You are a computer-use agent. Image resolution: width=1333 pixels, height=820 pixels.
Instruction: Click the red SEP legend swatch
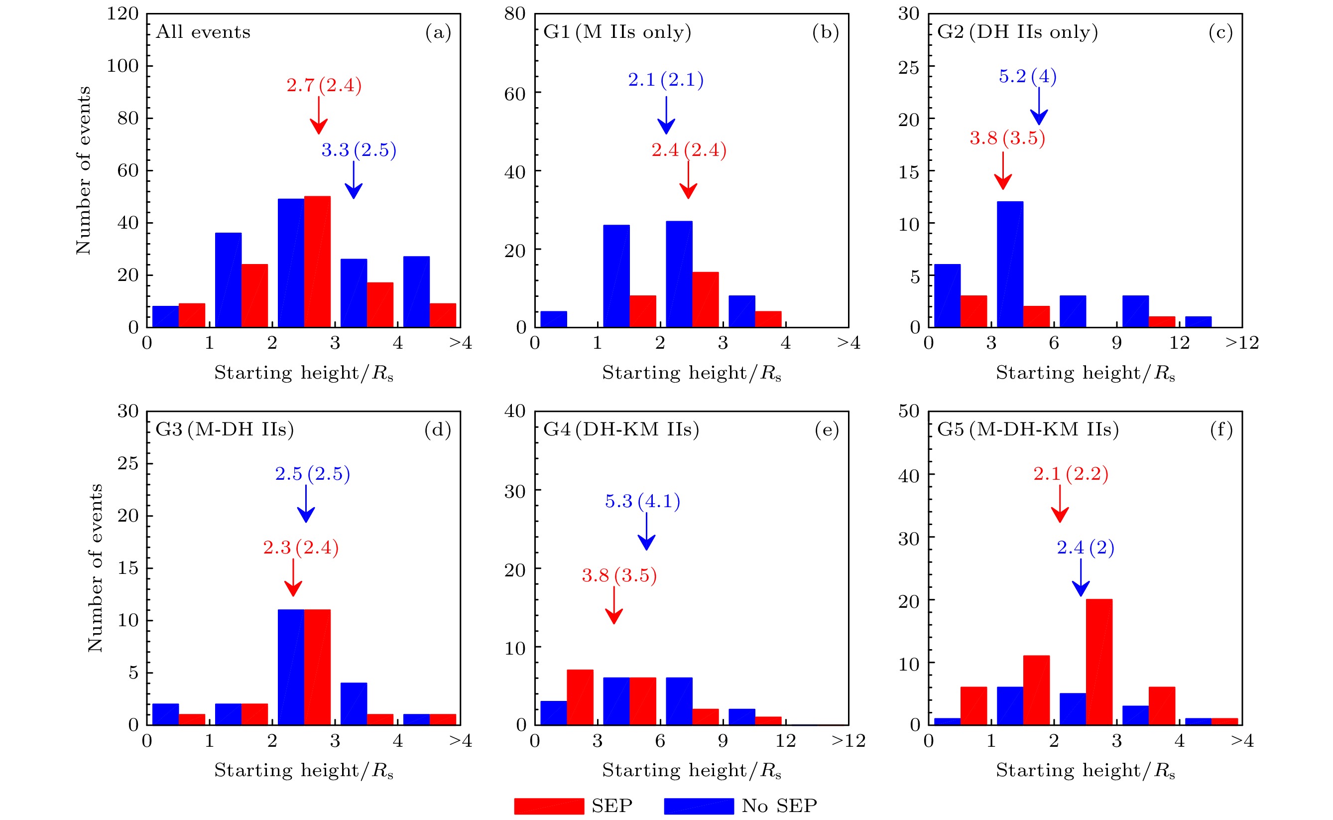(549, 806)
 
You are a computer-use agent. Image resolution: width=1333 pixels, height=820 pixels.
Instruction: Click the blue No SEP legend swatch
(699, 806)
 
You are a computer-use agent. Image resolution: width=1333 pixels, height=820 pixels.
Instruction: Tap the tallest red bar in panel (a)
(317, 262)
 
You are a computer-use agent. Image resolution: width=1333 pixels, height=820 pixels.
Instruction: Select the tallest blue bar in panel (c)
(1010, 264)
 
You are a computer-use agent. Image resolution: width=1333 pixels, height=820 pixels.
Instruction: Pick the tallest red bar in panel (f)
(1099, 662)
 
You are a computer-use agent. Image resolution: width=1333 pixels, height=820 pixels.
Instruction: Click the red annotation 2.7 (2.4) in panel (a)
(324, 85)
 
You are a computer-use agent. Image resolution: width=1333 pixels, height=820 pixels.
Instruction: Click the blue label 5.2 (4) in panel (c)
(1027, 76)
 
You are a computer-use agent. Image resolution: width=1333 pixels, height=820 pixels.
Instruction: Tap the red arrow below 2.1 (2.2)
(1060, 504)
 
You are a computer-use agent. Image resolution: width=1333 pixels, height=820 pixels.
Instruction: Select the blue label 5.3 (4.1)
(642, 501)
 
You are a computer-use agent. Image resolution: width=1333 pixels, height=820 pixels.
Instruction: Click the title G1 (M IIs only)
(617, 32)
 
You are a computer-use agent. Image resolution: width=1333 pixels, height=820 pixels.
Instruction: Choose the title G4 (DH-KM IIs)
(621, 429)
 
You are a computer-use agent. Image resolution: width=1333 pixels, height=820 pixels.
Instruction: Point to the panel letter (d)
(438, 429)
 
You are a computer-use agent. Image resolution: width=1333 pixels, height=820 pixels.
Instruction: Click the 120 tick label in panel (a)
(122, 13)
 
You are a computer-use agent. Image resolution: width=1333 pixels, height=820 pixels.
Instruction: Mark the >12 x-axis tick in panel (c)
(1242, 343)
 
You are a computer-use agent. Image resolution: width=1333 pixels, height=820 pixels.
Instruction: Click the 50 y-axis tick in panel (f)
(909, 411)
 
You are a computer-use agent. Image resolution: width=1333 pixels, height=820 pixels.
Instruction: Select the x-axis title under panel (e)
(691, 771)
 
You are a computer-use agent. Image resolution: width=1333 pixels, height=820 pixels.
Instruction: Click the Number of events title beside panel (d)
(95, 568)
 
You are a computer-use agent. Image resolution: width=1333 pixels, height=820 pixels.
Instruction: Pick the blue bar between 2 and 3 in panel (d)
(291, 667)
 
